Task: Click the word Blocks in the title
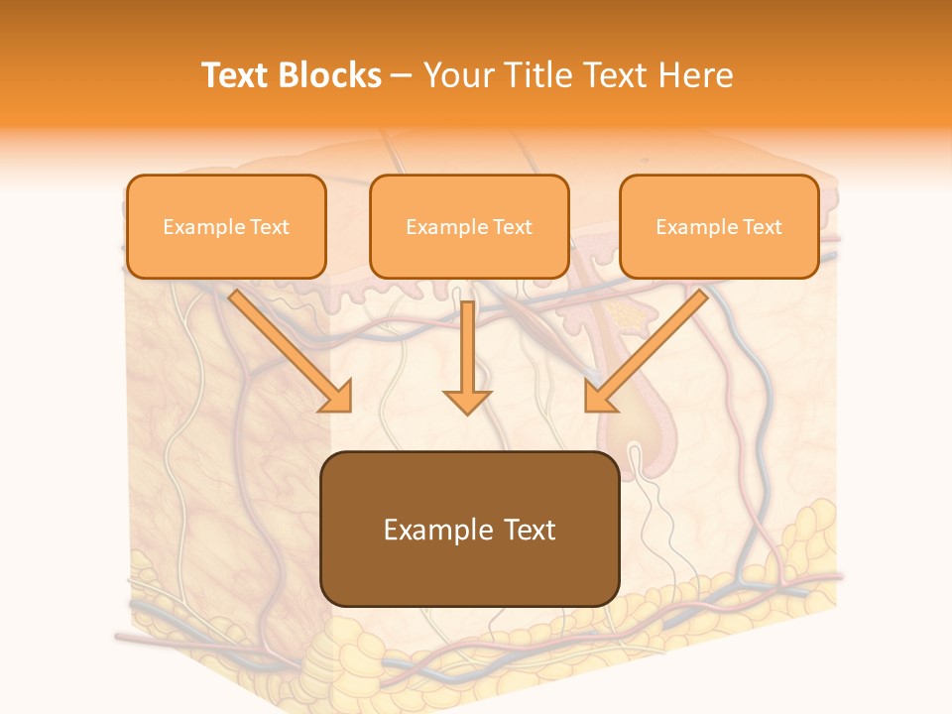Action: (x=329, y=75)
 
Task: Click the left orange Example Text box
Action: (x=226, y=226)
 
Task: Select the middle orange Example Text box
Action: (x=469, y=226)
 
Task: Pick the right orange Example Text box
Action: (x=719, y=226)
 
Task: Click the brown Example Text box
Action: (x=470, y=529)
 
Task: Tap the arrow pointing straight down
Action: (x=467, y=357)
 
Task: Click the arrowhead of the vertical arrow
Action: (x=467, y=401)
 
